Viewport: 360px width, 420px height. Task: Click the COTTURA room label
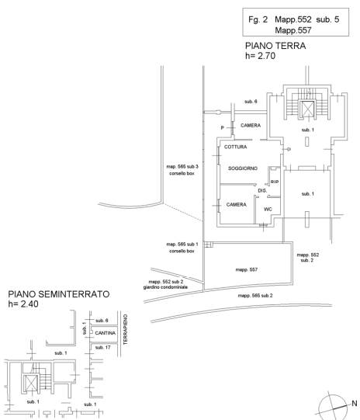pos(236,147)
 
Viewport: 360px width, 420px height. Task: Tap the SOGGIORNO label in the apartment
pos(243,168)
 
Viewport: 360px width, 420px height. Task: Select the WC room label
pos(268,209)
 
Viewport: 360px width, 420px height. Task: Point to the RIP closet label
pos(275,182)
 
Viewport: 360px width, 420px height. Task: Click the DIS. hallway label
pos(262,191)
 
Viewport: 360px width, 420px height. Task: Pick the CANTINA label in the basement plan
pos(106,333)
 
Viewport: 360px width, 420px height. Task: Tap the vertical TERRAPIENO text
pos(125,329)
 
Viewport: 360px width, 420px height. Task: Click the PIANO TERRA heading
pos(275,46)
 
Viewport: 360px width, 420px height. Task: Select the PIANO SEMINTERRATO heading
pos(59,294)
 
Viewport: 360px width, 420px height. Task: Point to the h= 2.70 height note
pos(261,56)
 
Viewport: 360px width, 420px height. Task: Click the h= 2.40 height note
pos(23,304)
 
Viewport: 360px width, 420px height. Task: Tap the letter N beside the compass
pos(355,403)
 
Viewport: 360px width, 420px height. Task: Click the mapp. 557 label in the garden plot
pos(247,269)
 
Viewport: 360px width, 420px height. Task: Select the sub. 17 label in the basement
pos(102,347)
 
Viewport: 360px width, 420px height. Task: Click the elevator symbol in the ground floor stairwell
pos(306,108)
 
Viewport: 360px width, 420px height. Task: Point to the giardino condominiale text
pos(165,287)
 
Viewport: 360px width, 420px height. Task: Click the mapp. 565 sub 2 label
pos(255,296)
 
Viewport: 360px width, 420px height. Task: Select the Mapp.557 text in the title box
pos(293,30)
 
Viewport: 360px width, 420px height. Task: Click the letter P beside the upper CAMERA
pos(222,128)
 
